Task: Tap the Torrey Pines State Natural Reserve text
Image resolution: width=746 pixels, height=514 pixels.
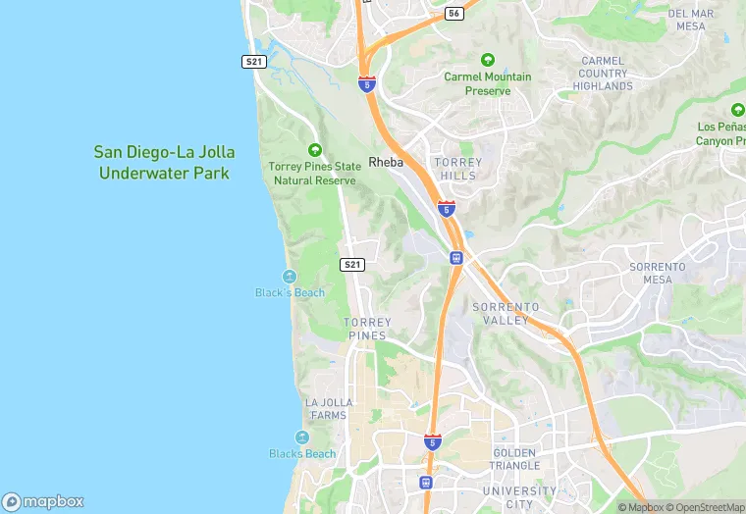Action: tap(314, 174)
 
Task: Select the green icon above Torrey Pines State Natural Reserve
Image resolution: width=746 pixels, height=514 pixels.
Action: tap(314, 150)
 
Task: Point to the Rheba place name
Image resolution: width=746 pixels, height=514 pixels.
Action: tap(386, 162)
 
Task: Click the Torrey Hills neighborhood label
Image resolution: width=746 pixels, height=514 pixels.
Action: tap(457, 169)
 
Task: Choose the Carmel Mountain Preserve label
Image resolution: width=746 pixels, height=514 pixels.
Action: tap(488, 83)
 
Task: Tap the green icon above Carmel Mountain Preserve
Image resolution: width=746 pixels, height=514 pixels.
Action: tap(488, 60)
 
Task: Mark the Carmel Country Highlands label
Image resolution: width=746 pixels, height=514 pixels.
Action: tap(603, 74)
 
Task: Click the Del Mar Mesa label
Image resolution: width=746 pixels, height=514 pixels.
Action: tap(691, 20)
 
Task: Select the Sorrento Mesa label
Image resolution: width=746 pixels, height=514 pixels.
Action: tap(657, 273)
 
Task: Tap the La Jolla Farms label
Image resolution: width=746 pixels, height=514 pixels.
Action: tap(326, 408)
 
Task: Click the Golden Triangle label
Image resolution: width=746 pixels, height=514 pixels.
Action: tap(515, 458)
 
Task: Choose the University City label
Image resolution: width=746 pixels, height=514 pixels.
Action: tap(519, 497)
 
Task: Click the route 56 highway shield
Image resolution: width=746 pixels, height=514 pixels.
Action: tap(453, 13)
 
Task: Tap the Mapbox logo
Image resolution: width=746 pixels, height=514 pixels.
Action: tap(43, 501)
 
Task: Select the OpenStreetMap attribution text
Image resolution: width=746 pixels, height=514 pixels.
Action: tap(706, 507)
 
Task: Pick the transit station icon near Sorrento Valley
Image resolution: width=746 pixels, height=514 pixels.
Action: tap(456, 258)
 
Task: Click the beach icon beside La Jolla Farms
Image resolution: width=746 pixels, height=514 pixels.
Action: tap(301, 437)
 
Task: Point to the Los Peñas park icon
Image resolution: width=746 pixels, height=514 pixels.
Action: tap(737, 110)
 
